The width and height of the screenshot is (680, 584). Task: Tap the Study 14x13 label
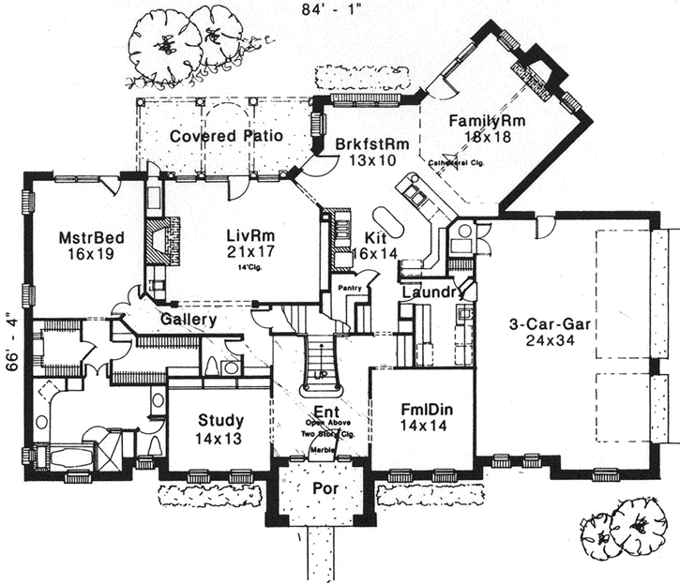pos(221,427)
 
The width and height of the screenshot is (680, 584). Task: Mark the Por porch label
pos(325,489)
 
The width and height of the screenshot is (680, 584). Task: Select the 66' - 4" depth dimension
pos(11,340)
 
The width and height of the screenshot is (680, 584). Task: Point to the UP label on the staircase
pos(321,374)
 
